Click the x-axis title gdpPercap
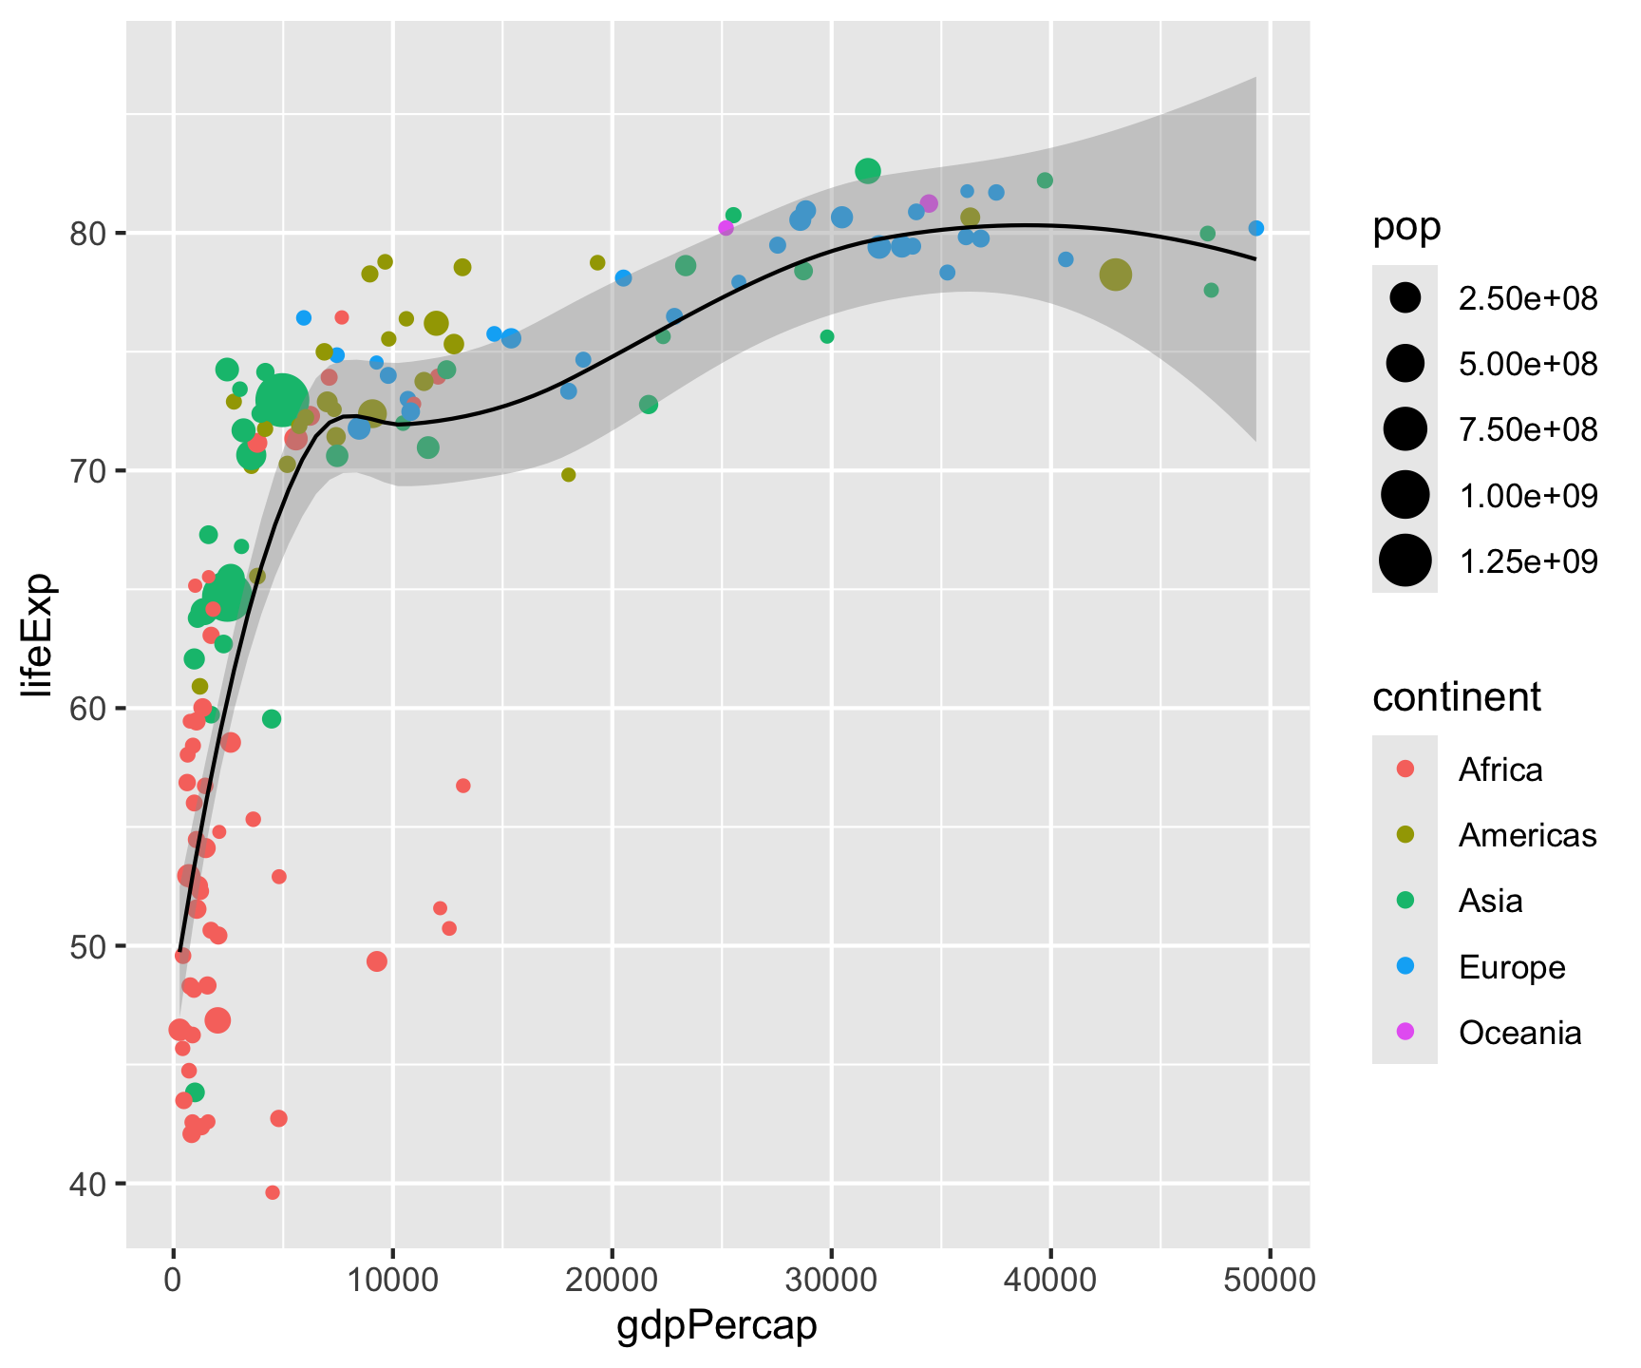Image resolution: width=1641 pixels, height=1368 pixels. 717,1326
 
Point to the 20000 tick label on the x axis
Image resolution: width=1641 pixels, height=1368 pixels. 612,1280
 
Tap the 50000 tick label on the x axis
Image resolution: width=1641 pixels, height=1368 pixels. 1270,1280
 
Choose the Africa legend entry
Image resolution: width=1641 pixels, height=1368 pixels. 1500,769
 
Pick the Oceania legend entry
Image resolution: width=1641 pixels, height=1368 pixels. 1519,1033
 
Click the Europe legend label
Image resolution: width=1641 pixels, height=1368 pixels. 1512,967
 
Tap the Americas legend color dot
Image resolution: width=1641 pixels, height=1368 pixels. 1405,835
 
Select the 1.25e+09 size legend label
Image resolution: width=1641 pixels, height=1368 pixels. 1528,561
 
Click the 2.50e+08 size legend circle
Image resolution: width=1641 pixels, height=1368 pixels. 1405,298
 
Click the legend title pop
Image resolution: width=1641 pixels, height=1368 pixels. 1406,227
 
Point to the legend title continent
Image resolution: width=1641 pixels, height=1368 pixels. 1457,697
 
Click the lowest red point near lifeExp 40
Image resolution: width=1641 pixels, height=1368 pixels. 273,1192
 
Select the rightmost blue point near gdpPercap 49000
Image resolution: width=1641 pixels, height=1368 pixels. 1255,228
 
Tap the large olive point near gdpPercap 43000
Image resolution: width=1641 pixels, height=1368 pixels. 1115,275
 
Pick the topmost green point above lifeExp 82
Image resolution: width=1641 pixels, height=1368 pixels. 867,171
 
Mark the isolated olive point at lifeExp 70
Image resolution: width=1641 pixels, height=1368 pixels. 569,475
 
